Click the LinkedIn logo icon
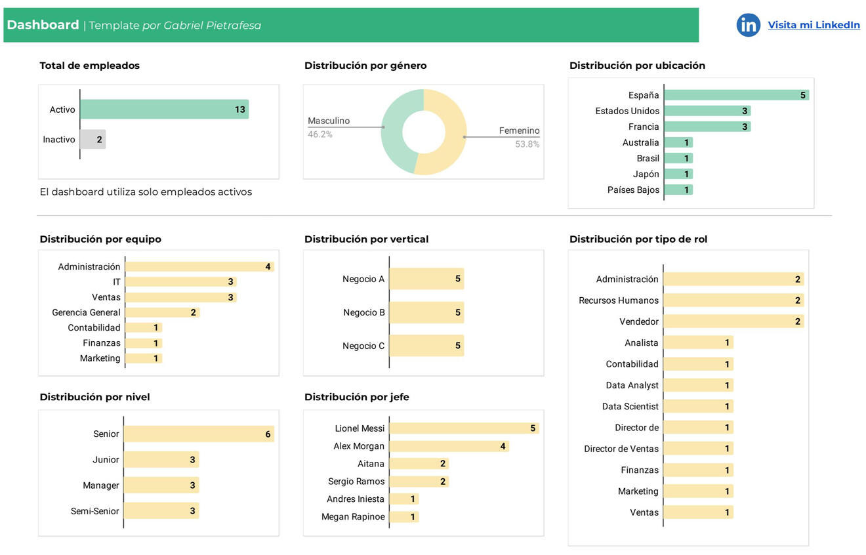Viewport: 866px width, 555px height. pos(748,25)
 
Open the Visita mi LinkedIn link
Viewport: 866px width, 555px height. pos(814,25)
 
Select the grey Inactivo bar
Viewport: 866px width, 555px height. pos(93,139)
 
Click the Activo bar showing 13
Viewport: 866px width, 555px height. pos(164,110)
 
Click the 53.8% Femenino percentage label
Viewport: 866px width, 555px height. pos(527,144)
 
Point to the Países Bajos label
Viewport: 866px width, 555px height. pos(633,190)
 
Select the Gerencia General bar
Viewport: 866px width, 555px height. pos(162,312)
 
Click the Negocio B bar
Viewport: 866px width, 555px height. pos(426,312)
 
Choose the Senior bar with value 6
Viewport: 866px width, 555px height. pos(199,434)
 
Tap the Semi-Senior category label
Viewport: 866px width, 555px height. pos(95,511)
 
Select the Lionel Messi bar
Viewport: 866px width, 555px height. pos(464,428)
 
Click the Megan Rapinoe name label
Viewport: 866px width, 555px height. pos(353,517)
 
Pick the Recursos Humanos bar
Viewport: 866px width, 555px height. pos(733,300)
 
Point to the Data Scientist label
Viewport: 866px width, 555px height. pos(630,407)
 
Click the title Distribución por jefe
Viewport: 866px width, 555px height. pos(357,397)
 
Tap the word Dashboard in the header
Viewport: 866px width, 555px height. pos(43,25)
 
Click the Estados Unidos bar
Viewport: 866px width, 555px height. pos(707,111)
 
